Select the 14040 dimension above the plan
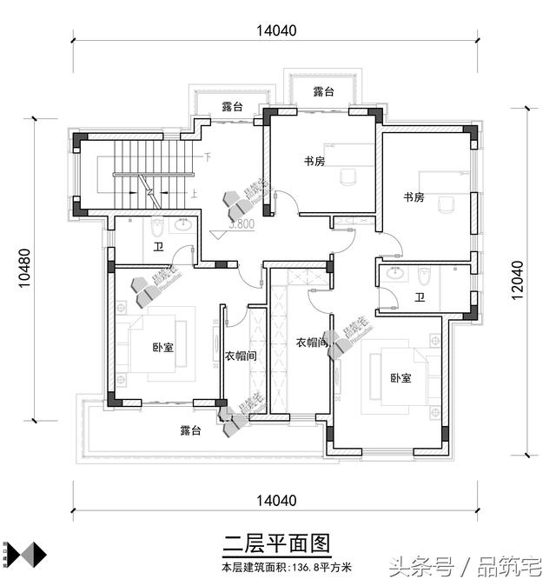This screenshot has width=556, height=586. pyautogui.click(x=276, y=30)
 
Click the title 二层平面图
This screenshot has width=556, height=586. pyautogui.click(x=276, y=545)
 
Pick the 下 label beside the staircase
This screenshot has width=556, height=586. pyautogui.click(x=208, y=158)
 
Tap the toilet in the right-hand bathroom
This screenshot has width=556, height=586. pyautogui.click(x=425, y=277)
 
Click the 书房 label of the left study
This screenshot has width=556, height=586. pyautogui.click(x=314, y=161)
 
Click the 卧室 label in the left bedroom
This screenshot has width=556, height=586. pyautogui.click(x=162, y=348)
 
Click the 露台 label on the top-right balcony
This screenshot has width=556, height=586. pyautogui.click(x=323, y=91)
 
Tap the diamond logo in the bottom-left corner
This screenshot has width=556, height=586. pyautogui.click(x=23, y=554)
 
